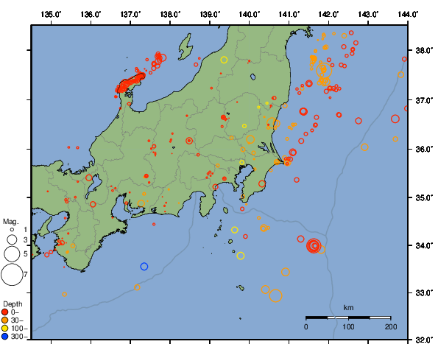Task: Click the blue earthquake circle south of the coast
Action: (x=144, y=266)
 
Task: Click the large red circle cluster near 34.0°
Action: (x=314, y=246)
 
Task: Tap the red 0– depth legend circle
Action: (x=6, y=312)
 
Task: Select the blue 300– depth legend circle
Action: (x=6, y=337)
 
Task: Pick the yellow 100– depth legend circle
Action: (x=6, y=329)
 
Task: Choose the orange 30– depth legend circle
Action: (x=6, y=320)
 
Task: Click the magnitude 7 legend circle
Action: (x=11, y=275)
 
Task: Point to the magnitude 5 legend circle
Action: (x=11, y=253)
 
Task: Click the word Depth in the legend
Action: (x=13, y=304)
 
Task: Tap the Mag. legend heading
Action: (x=10, y=221)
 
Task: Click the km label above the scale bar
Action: (x=348, y=307)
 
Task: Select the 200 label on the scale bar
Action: (x=390, y=326)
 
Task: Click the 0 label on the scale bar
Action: (x=306, y=326)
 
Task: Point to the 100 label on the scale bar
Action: (x=348, y=326)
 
